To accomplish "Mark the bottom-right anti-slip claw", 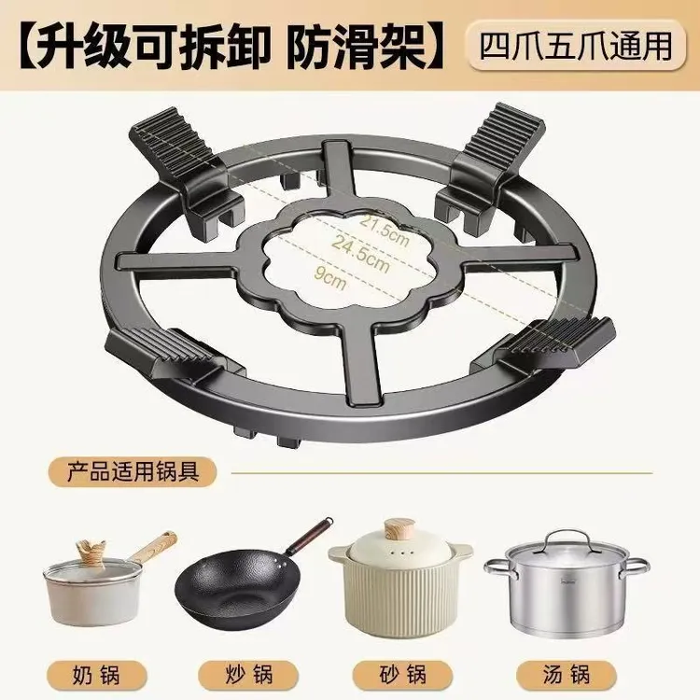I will click(554, 340).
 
